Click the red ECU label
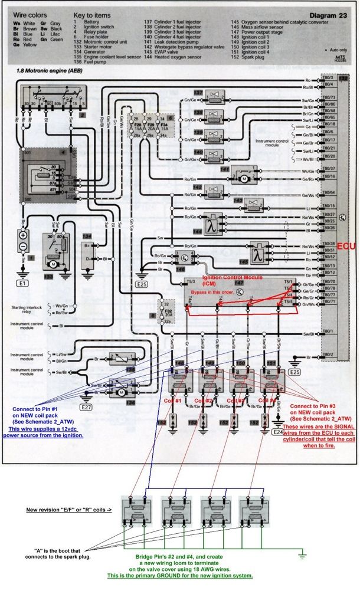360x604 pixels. [348, 246]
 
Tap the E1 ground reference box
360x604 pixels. [23, 283]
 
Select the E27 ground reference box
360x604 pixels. [87, 407]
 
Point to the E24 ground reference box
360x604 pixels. [278, 432]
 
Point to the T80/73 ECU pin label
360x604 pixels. [329, 97]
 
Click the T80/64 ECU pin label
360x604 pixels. [329, 193]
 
